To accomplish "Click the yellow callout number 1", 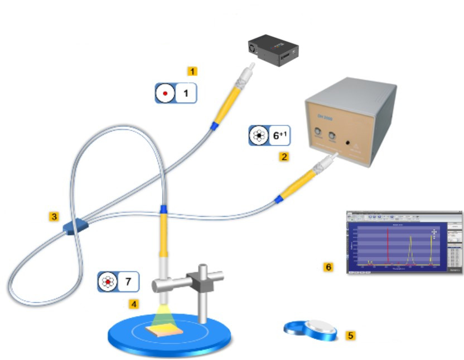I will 192,71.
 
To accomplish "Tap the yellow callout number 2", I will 284,157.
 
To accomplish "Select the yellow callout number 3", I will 54,217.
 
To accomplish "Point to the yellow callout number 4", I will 133,304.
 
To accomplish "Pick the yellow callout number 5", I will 350,335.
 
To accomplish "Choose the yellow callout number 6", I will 328,267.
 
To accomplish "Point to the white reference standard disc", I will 320,329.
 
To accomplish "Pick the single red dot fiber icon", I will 165,93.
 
